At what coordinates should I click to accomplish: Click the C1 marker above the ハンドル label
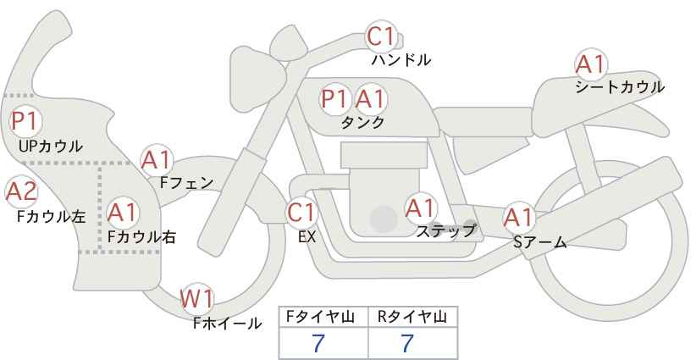pos(381,36)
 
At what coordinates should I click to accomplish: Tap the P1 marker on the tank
pos(334,99)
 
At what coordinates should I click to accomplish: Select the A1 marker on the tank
pos(371,99)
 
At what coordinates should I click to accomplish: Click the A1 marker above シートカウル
pos(591,64)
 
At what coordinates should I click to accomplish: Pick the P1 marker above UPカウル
pos(25,121)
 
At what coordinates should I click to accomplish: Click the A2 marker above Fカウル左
pos(21,192)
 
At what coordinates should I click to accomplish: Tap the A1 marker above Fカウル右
pos(123,212)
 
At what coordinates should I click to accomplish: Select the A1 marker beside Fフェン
pos(157,160)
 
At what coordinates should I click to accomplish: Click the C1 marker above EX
pos(301,213)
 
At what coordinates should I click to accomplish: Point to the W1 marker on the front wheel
pos(197,298)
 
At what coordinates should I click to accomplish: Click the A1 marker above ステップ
pos(420,208)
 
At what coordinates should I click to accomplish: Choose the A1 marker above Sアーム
pos(518,218)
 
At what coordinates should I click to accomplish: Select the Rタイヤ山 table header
pos(412,317)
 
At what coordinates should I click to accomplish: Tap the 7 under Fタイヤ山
pos(318,343)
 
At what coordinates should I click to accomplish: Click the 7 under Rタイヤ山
pos(407,343)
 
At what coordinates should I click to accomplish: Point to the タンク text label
pos(362,123)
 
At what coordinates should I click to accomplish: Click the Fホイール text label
pos(227,324)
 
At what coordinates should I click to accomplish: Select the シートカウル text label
pos(620,87)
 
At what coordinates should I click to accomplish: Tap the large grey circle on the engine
pos(384,219)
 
